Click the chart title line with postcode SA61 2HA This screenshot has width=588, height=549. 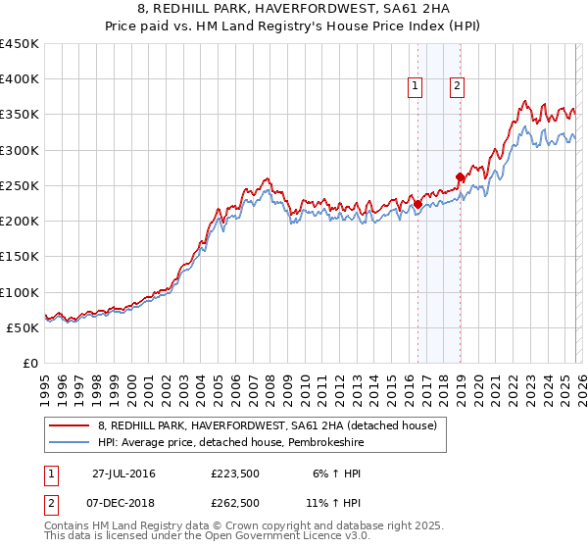pyautogui.click(x=293, y=10)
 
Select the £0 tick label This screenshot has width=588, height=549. pyautogui.click(x=29, y=363)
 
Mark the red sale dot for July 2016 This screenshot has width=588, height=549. pyautogui.click(x=417, y=204)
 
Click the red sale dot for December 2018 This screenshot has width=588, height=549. pyautogui.click(x=459, y=176)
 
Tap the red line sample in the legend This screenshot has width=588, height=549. pyautogui.click(x=71, y=425)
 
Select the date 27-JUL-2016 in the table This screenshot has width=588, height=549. pyautogui.click(x=123, y=474)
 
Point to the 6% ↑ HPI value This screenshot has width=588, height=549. pyautogui.click(x=335, y=474)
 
